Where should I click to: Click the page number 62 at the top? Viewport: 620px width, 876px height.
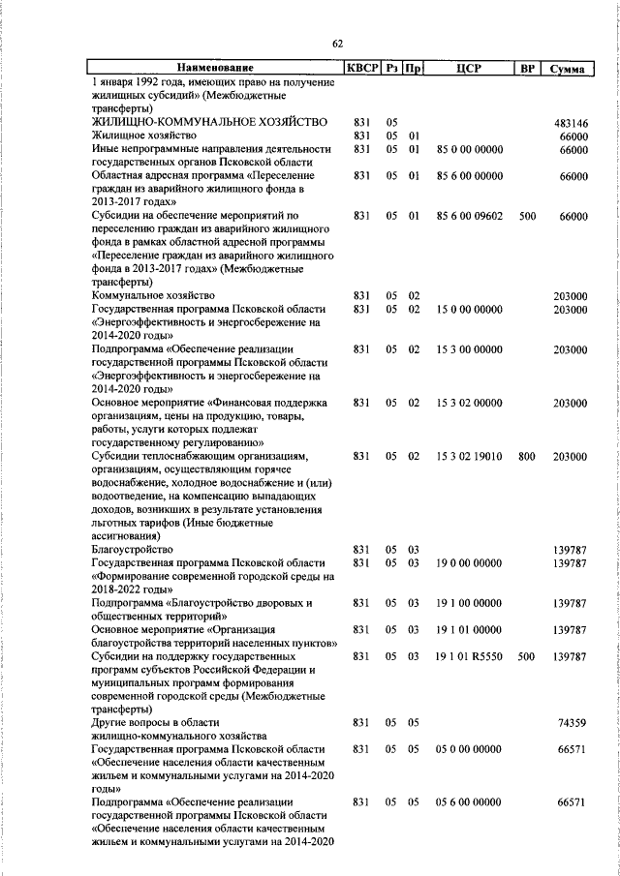click(337, 44)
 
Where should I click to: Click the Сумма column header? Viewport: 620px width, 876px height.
click(565, 69)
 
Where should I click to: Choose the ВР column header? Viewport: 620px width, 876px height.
click(527, 69)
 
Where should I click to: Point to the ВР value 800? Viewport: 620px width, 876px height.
click(527, 457)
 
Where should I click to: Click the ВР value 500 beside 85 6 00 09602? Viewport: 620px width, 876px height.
click(527, 217)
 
